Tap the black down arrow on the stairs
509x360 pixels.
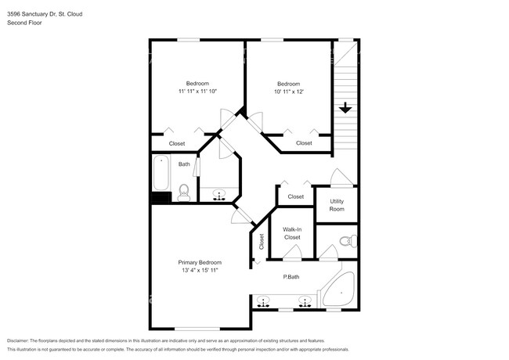[x=345, y=108]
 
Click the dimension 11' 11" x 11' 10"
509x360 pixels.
[x=197, y=92]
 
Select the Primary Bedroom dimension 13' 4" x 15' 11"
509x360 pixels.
[x=199, y=270]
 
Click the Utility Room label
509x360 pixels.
[x=337, y=205]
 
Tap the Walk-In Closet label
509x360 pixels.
[x=292, y=232]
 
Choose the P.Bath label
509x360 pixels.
[x=292, y=277]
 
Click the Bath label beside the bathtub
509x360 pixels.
[x=184, y=164]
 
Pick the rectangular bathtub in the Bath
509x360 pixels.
[x=161, y=174]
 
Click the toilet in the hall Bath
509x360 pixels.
[x=184, y=193]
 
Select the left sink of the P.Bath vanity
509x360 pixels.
[x=265, y=301]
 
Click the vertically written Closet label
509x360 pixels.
[x=261, y=243]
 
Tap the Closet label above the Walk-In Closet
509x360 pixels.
[x=295, y=196]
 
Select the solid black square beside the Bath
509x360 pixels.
[x=157, y=197]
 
